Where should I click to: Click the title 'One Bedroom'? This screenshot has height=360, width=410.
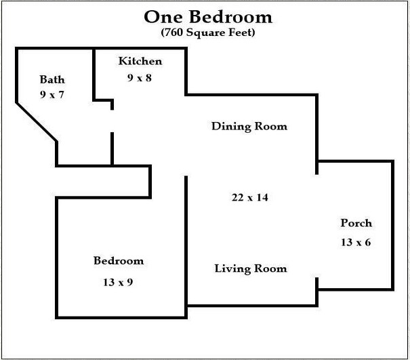click(x=207, y=16)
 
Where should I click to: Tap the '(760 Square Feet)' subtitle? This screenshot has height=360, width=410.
click(x=207, y=32)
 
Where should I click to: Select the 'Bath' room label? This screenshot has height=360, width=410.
click(x=52, y=80)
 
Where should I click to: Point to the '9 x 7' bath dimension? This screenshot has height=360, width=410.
click(x=52, y=94)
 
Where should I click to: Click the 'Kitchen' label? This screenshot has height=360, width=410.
click(x=140, y=62)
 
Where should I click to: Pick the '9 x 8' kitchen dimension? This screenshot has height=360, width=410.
click(x=140, y=77)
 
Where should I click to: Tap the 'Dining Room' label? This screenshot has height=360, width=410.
click(x=249, y=126)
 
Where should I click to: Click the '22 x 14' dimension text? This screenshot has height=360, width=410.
click(x=250, y=197)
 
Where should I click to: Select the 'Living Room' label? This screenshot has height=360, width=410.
click(x=251, y=268)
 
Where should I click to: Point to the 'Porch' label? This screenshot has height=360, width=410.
click(x=356, y=223)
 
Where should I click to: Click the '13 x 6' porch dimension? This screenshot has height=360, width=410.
click(x=356, y=241)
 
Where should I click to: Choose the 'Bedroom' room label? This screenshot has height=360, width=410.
click(x=119, y=261)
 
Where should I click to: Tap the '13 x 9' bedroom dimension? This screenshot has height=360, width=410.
click(x=119, y=281)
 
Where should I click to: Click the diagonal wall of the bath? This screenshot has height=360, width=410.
click(x=37, y=122)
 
